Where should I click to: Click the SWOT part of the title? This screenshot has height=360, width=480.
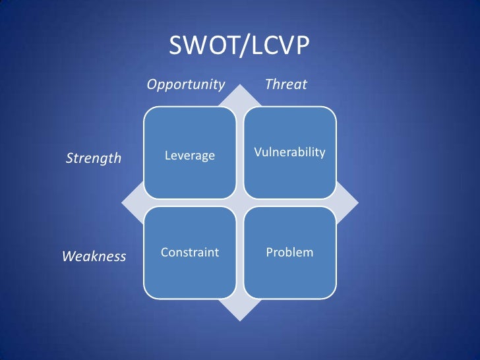pos(198,46)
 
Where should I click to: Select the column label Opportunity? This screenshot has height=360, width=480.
pos(185,84)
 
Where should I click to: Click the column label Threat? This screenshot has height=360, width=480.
pos(285,84)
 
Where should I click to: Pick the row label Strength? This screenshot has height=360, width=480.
pos(93,158)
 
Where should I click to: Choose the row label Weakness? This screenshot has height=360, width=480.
pos(94,256)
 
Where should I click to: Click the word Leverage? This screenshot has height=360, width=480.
pos(190,156)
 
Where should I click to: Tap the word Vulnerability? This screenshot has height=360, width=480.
pos(289,152)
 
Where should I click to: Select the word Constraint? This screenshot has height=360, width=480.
pos(190,253)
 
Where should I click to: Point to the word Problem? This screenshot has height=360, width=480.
pos(289,253)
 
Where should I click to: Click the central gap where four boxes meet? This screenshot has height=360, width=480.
pos(240,202)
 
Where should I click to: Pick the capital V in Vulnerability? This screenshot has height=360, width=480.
pos(257,152)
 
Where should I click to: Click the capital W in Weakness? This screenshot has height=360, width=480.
pos(69,256)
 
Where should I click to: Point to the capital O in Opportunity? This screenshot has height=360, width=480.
pos(151,84)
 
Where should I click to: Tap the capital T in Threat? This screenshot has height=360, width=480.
pos(268,84)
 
